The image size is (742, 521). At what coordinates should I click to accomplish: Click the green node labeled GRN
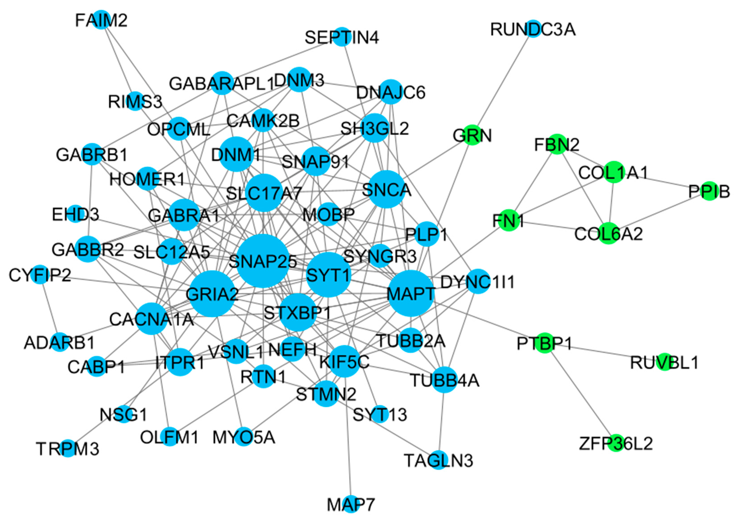pyautogui.click(x=472, y=135)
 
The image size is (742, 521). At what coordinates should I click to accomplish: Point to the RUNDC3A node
pyautogui.click(x=533, y=29)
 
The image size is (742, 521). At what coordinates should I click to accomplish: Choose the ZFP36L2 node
pyautogui.click(x=616, y=443)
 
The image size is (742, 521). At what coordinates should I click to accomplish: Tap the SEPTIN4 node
pyautogui.click(x=342, y=37)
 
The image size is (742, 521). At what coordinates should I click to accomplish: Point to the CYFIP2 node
pyautogui.click(x=40, y=275)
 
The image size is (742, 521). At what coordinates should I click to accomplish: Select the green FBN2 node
pyautogui.click(x=557, y=144)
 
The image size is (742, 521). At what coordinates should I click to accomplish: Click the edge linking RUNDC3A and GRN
pyautogui.click(x=503, y=82)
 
